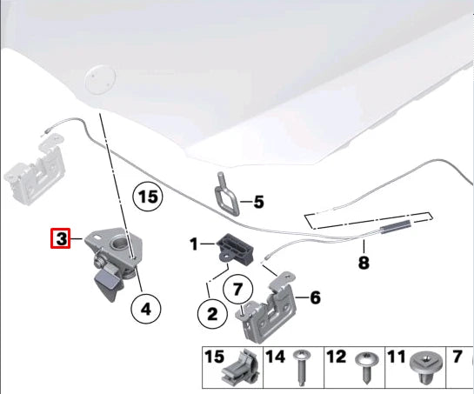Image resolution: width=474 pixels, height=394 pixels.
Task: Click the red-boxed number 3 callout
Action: point(61,238)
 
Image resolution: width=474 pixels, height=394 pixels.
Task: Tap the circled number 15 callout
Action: point(148,197)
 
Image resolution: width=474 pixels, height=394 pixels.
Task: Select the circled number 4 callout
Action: point(146,309)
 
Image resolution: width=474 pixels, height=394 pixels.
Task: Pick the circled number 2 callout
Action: point(212,314)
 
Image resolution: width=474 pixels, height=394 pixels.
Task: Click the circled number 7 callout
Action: point(237,289)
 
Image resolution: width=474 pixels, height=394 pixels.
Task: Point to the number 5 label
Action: point(259,202)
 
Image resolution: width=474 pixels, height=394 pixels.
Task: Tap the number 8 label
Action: point(364,262)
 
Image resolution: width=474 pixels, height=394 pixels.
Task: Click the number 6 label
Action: point(315,297)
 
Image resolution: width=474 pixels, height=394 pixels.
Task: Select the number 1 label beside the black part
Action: point(194,244)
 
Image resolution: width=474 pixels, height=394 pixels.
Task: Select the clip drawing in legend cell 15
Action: point(241,370)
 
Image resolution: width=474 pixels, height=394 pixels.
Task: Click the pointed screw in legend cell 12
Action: point(366,367)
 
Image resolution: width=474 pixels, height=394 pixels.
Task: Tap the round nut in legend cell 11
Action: point(426,367)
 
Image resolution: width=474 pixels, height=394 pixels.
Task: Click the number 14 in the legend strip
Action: point(275,357)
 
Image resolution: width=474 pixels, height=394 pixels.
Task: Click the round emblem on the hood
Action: point(100,80)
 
